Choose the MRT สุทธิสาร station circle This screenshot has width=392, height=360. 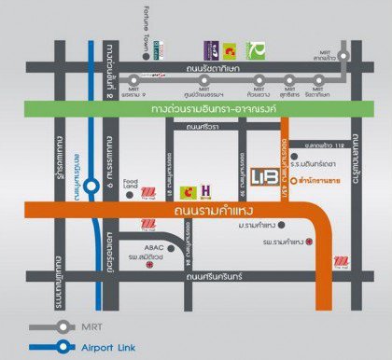[289, 82]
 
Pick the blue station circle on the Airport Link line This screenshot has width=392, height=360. [91, 185]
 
